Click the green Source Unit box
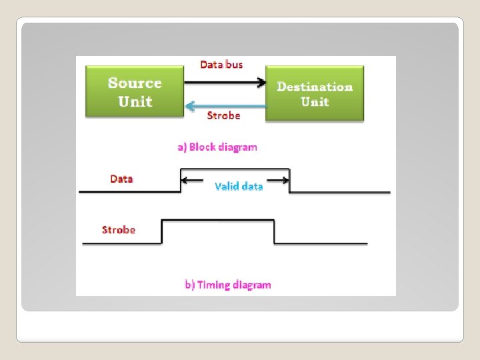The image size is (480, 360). pos(134,91)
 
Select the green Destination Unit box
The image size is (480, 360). pos(314,93)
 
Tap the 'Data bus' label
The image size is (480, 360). pos(221,65)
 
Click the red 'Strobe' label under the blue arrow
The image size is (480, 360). pos(223,115)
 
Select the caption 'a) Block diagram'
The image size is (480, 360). pos(217,147)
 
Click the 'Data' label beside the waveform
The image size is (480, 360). pos(121,179)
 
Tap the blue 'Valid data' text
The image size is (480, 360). pos(239,186)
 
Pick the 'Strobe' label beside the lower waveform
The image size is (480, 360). pos(118,230)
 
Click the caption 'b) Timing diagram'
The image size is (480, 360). pos(227,285)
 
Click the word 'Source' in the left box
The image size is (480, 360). pos(135,83)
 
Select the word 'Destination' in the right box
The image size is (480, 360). pos(315,87)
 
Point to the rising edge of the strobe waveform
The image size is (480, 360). pos(163,231)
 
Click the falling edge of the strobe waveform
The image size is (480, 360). pos(275,231)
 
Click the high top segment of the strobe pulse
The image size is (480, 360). pos(218,220)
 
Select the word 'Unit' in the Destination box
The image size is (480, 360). pos(315,102)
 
